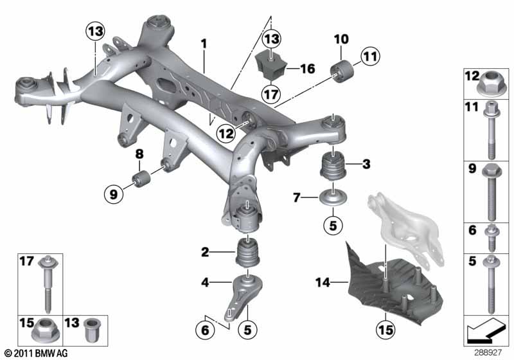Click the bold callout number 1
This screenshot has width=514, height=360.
point(204,44)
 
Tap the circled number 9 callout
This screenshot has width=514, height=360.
point(114,194)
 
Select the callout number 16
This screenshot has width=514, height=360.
point(308,69)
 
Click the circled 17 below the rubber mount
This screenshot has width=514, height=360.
point(270,94)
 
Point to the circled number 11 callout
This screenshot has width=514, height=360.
point(371,57)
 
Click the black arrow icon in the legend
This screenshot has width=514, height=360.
point(485,330)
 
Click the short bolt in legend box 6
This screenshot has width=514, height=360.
point(492,238)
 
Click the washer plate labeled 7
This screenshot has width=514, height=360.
point(333,198)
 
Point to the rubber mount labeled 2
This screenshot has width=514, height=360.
point(248,253)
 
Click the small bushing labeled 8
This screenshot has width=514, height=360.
point(141,178)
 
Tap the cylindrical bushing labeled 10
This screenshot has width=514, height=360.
point(342,70)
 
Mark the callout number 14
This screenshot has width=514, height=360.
point(323,282)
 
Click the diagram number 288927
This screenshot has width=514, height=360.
point(488,353)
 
